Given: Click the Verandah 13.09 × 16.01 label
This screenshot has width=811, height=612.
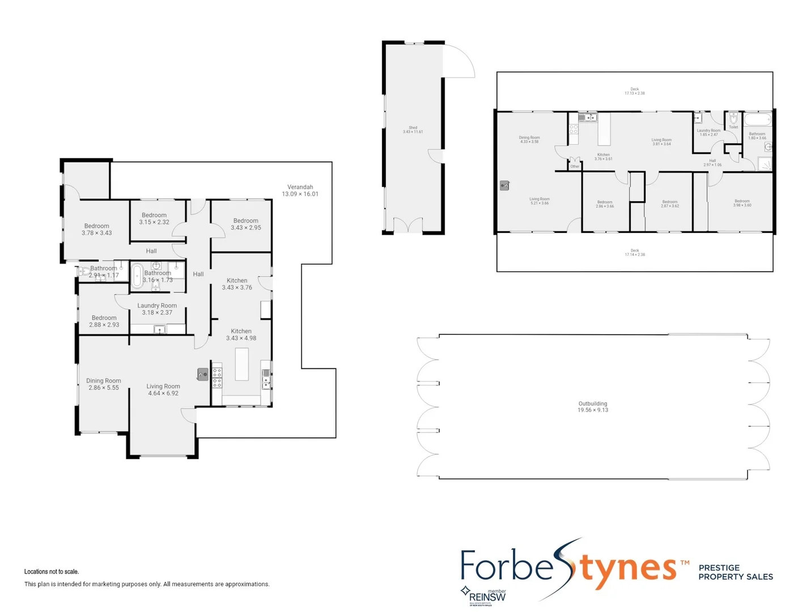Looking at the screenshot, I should point(300,190).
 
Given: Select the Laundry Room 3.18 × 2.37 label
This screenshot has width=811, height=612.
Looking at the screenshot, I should point(157,309).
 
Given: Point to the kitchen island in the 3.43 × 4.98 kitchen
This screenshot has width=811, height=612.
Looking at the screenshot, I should point(242,364).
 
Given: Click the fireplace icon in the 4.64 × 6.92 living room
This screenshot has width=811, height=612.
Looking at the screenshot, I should point(202,374).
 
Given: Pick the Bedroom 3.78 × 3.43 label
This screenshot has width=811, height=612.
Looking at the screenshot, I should point(97,229).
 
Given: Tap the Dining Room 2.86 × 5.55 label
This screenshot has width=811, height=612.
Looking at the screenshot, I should point(104,384).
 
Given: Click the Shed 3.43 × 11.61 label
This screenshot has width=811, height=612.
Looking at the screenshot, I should point(413,130).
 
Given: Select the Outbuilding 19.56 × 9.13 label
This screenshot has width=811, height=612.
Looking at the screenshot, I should point(593,407).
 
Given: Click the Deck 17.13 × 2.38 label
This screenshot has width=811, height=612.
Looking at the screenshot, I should point(635,91).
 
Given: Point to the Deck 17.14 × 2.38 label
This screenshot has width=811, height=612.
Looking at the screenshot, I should point(635,253).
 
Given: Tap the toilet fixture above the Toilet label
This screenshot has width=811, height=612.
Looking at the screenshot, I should point(733,118).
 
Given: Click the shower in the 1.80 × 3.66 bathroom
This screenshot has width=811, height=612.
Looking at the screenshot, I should point(765,164).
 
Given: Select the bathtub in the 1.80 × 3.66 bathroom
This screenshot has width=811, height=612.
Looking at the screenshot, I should point(758,120).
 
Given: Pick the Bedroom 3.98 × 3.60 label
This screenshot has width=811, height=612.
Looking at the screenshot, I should point(742,203).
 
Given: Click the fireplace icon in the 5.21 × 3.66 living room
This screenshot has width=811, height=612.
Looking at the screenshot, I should point(504,185).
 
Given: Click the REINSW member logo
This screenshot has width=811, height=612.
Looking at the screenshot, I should point(485,595).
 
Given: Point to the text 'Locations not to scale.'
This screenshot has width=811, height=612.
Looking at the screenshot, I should point(52,572).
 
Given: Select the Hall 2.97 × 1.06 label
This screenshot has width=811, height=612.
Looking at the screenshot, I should point(712,163).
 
